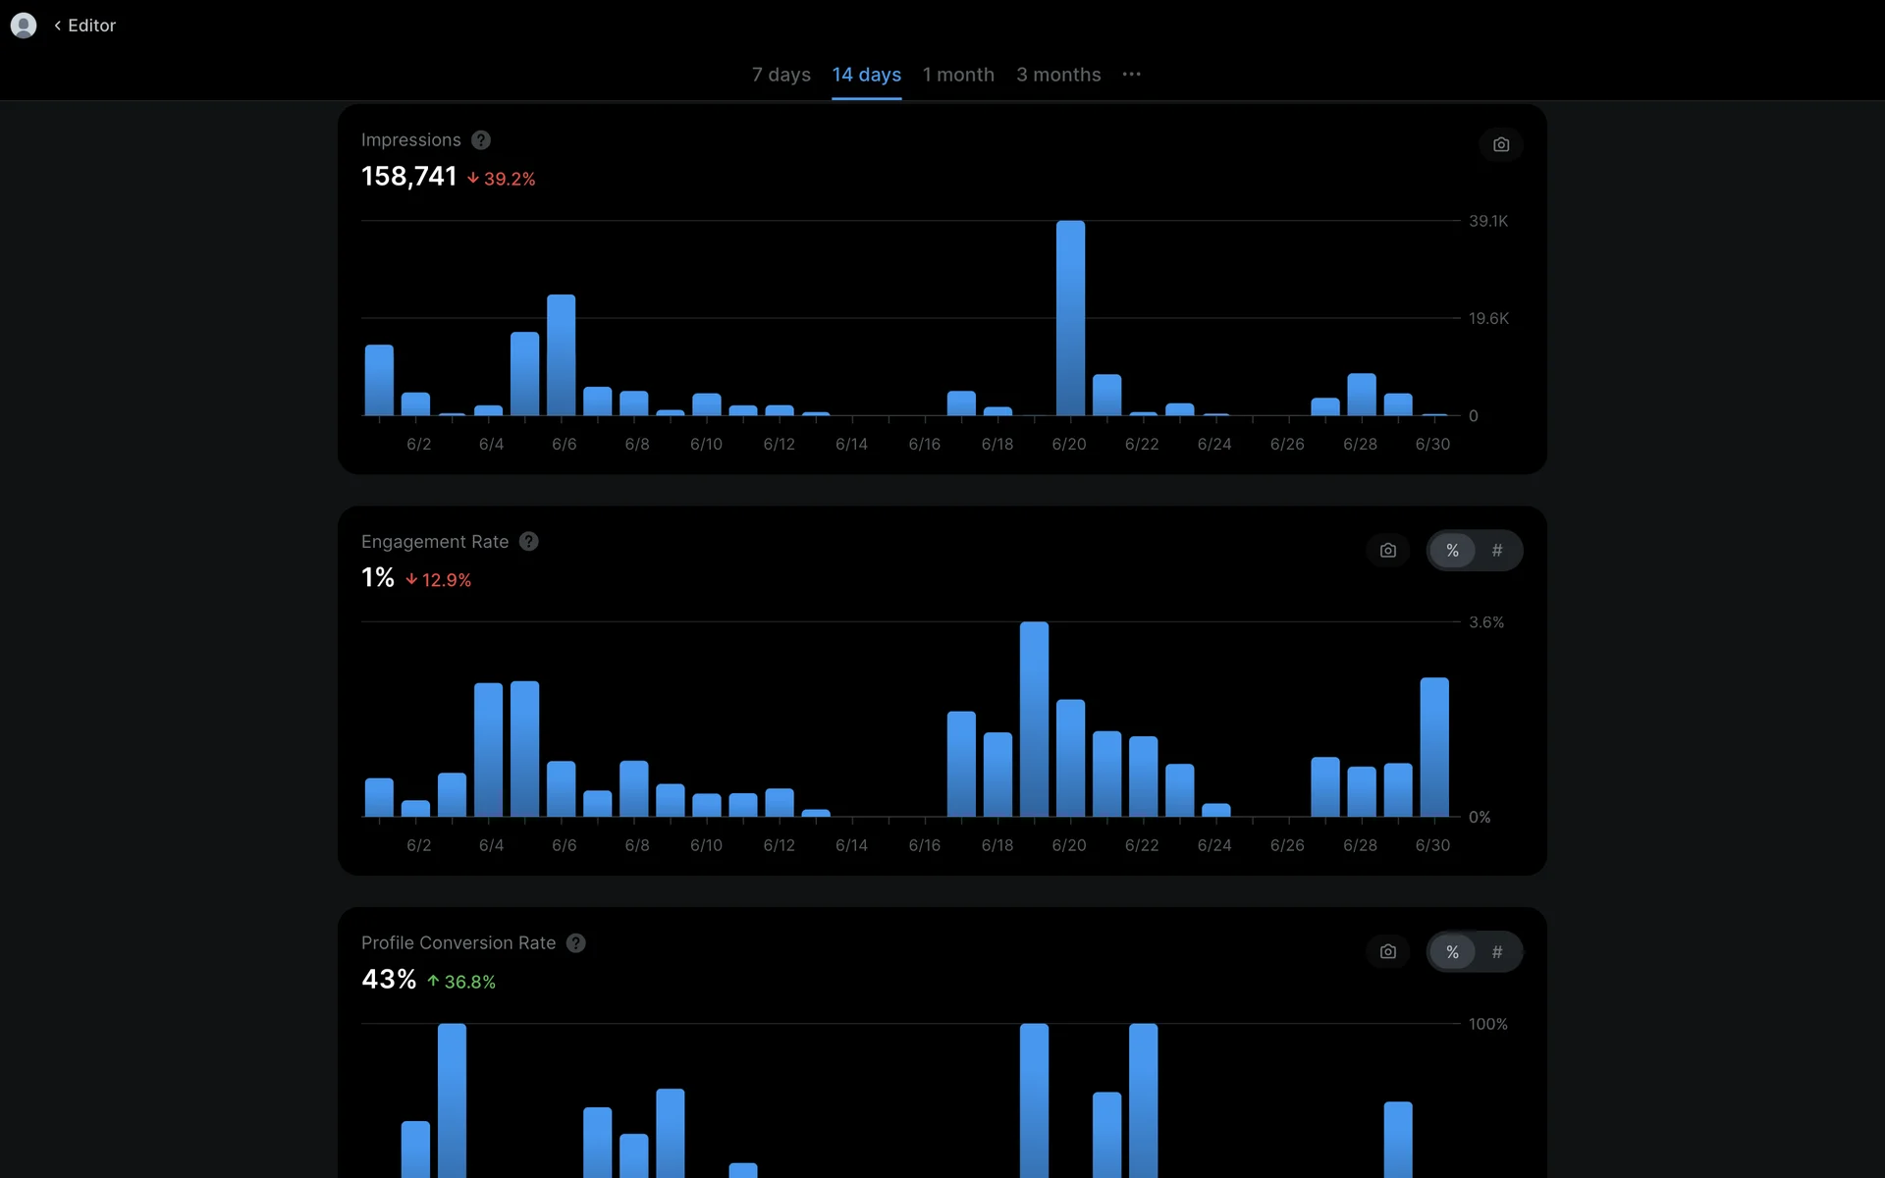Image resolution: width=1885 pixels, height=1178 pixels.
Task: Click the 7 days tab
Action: coord(781,75)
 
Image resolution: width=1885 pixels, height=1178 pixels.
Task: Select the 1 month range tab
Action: coord(958,75)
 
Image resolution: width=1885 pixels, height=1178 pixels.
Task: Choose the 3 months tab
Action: coord(1058,75)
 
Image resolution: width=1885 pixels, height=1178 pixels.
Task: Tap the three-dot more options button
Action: coord(1132,75)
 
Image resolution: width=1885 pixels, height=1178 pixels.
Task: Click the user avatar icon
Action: coord(24,26)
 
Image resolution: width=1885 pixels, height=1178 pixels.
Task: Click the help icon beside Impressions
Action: coord(481,140)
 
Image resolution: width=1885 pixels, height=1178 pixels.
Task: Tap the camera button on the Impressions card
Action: coord(1501,145)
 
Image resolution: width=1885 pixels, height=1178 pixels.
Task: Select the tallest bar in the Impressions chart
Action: coord(1070,318)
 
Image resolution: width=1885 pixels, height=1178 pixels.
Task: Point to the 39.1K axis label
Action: coord(1488,221)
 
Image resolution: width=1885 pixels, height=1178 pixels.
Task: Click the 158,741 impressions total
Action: coord(409,177)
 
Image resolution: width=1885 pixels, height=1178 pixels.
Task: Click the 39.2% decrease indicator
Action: coord(502,179)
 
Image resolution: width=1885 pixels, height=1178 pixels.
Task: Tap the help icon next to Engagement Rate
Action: coord(529,542)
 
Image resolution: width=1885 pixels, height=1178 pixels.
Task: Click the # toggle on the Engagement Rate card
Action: coord(1497,551)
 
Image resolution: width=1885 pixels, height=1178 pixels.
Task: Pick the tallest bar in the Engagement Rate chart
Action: coord(1034,719)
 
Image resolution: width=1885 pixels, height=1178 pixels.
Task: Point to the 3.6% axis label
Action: coord(1486,622)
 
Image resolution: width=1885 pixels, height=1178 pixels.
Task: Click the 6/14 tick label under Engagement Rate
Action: coord(851,845)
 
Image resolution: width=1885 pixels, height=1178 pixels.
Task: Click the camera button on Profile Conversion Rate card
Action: coord(1388,952)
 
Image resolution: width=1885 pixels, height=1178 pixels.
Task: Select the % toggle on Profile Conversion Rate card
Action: coord(1452,952)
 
